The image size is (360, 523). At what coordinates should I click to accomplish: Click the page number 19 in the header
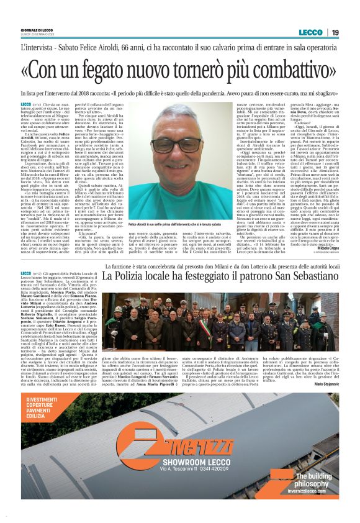pos(335,32)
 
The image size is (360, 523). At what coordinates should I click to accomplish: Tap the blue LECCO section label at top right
pos(311,32)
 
